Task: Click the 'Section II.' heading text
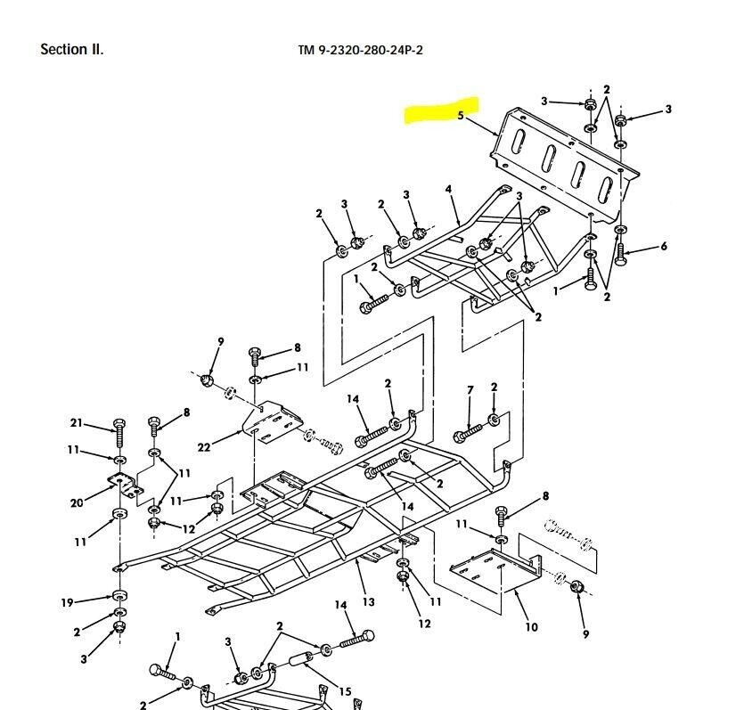tap(71, 49)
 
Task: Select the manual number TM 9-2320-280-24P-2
tap(360, 50)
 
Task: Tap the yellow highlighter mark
tap(443, 111)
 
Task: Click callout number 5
tap(461, 116)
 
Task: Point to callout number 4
tap(449, 189)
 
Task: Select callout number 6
tap(663, 247)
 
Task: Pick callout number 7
tap(470, 390)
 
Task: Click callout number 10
tap(531, 627)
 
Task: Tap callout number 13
tap(368, 602)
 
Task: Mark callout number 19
tap(67, 603)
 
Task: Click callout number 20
tap(77, 503)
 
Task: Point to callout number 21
tap(77, 422)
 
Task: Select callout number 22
tap(204, 447)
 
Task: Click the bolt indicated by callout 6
tap(621, 253)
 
